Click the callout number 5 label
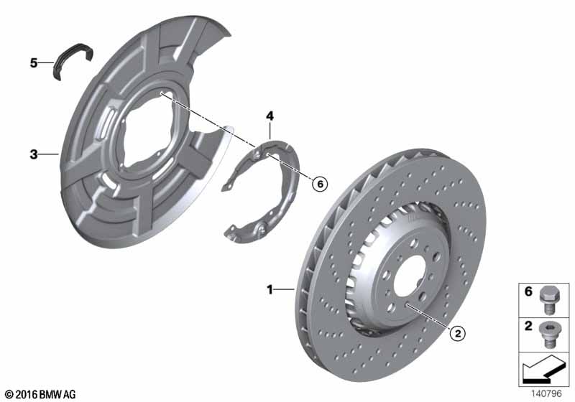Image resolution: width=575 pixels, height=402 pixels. click(34, 63)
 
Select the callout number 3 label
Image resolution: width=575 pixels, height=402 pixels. click(34, 154)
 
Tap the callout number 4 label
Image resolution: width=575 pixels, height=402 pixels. click(270, 116)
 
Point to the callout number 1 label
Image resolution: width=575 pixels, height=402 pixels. click(270, 289)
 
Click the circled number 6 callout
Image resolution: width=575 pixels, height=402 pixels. click(320, 184)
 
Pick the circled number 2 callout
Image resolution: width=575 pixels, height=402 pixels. click(457, 333)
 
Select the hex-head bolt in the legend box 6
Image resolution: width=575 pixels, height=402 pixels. click(548, 300)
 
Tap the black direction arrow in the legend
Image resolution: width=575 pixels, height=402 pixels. click(542, 369)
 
